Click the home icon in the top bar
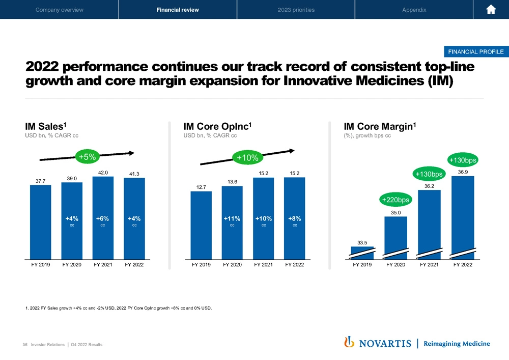point(491,10)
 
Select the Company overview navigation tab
point(59,10)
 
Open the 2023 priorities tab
point(296,10)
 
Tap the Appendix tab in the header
point(414,10)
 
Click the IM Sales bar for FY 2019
point(40,224)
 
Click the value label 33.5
point(362,243)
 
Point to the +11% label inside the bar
point(232,218)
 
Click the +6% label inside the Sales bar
point(103,218)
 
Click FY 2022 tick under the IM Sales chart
point(134,265)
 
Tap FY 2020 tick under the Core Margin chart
point(395,265)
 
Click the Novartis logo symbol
point(349,343)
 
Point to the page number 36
point(24,345)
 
